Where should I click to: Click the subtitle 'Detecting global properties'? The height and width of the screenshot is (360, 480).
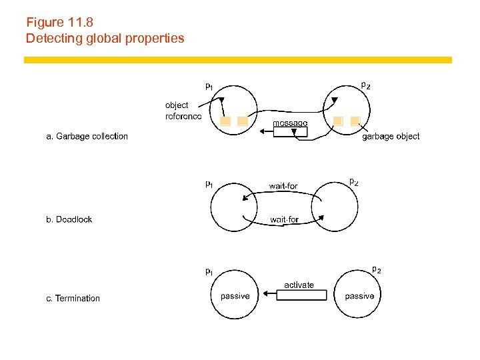(x=105, y=38)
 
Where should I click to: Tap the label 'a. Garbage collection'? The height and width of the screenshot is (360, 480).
(x=87, y=137)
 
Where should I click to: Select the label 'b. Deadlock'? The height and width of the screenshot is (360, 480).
(x=69, y=219)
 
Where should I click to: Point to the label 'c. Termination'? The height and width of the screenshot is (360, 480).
(x=73, y=299)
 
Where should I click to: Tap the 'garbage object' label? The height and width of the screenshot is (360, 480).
(x=391, y=137)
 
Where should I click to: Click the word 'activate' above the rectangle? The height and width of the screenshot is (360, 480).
(x=299, y=285)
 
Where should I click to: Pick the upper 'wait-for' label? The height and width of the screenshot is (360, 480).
(x=283, y=185)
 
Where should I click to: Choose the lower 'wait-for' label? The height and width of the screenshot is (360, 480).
(x=284, y=219)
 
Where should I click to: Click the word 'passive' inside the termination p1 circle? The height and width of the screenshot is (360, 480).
(x=235, y=296)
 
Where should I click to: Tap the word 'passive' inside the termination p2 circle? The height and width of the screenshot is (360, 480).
(x=359, y=296)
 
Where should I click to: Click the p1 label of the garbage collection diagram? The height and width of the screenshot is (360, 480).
(x=209, y=86)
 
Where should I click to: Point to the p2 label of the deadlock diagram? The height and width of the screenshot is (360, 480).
(x=354, y=181)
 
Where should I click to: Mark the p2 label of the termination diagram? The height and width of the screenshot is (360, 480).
(x=376, y=269)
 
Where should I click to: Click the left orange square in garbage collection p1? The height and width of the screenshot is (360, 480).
(x=225, y=122)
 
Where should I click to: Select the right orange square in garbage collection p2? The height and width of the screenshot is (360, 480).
(x=355, y=121)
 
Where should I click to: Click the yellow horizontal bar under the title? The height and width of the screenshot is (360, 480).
(x=238, y=60)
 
